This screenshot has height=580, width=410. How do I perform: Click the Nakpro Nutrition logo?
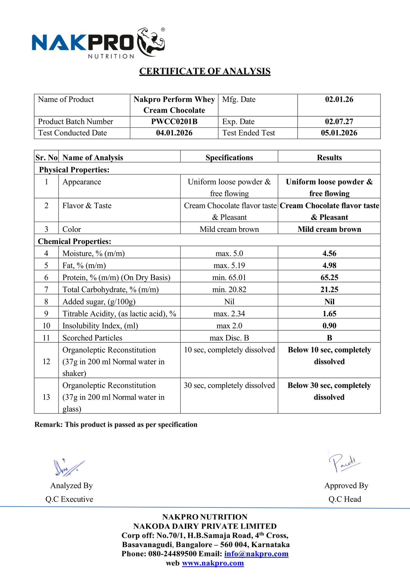tap(98, 43)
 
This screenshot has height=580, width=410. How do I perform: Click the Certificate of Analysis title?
tap(205, 71)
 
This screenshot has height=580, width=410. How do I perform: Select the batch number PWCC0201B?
tap(174, 122)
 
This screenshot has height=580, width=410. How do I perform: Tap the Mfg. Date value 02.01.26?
tap(339, 100)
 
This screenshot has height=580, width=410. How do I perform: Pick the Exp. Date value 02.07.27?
tap(339, 122)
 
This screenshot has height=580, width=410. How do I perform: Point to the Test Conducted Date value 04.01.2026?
tap(174, 133)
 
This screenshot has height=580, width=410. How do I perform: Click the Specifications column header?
tap(229, 158)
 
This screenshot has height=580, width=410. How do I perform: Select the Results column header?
tap(329, 158)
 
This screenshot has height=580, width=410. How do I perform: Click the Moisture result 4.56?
tap(329, 254)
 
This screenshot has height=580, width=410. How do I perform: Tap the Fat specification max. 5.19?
tap(229, 266)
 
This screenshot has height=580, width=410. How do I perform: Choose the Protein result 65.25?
tap(329, 278)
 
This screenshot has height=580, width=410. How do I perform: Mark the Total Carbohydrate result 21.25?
tap(329, 290)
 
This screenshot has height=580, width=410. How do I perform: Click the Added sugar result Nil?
tap(329, 302)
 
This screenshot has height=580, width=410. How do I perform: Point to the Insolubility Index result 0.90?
tap(329, 326)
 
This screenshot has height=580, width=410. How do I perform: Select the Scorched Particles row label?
tap(92, 338)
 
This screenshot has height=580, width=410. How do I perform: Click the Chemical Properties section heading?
tap(74, 241)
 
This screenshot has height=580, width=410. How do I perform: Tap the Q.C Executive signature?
tap(69, 468)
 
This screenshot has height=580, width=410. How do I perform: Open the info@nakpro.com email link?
tap(256, 554)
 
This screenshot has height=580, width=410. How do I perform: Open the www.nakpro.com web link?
tap(213, 563)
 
